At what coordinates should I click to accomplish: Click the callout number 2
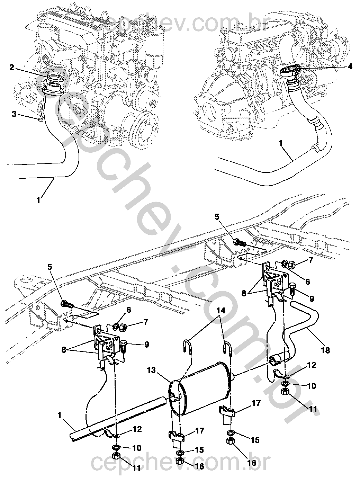point(12,68)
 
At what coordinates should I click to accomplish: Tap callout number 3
point(14,114)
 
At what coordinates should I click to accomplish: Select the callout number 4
point(350,66)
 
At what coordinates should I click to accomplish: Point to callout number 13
point(152,371)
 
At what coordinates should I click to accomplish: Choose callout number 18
point(325,350)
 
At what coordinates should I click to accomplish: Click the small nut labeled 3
point(40,120)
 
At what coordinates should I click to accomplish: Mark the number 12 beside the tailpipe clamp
point(312,365)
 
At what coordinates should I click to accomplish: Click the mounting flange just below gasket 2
point(53,91)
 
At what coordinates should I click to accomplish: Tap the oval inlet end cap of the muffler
point(175,394)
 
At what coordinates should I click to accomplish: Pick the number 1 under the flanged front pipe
point(39,200)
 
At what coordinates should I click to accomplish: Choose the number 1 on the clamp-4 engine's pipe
point(281,144)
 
